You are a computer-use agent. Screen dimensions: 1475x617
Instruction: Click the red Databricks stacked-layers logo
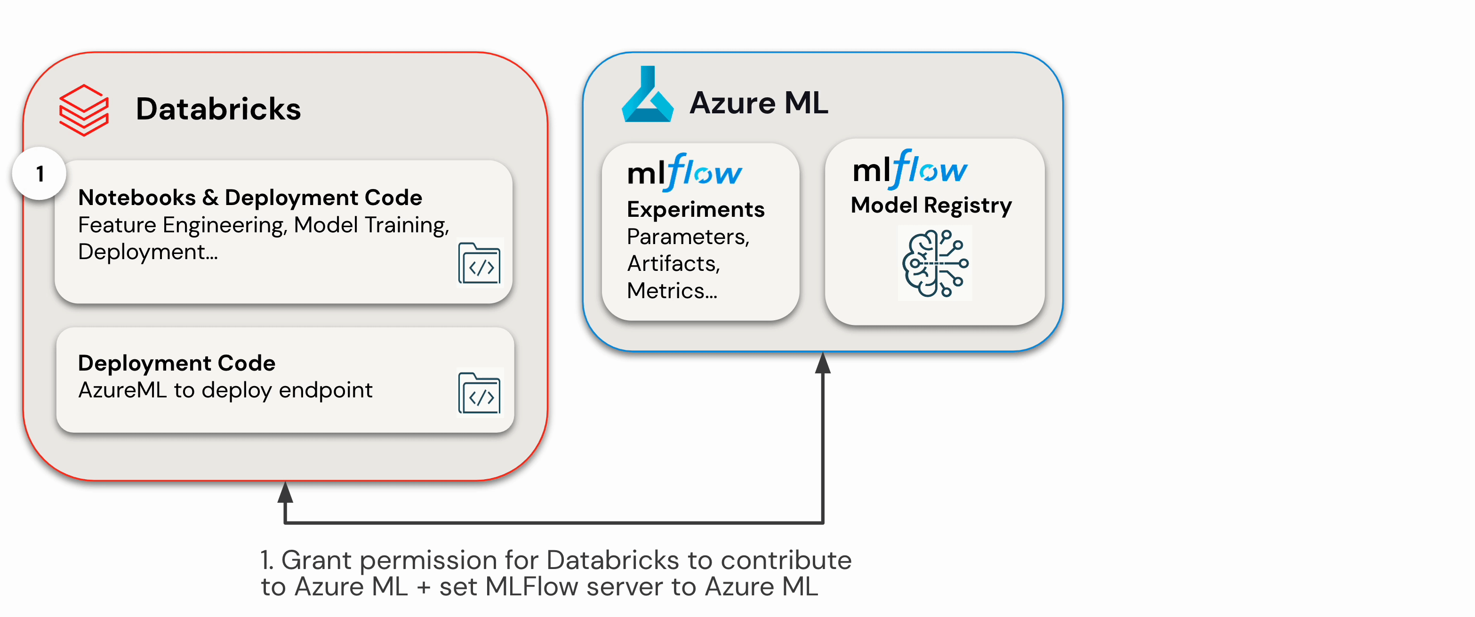click(84, 110)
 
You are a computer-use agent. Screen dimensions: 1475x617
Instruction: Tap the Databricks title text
click(218, 109)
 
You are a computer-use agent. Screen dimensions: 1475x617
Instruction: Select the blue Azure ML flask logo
click(648, 94)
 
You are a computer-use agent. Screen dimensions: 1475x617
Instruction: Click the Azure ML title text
click(759, 103)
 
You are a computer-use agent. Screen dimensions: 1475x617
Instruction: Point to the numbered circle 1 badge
click(39, 174)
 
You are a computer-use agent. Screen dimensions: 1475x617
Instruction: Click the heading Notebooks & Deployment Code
click(250, 198)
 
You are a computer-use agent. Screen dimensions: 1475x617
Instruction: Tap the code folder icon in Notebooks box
click(479, 263)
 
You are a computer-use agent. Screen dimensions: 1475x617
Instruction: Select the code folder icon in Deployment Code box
click(479, 393)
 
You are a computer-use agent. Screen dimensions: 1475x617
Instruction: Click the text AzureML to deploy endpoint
click(225, 390)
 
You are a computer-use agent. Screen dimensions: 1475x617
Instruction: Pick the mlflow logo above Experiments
click(685, 172)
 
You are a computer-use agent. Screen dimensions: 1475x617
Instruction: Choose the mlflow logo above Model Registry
click(910, 169)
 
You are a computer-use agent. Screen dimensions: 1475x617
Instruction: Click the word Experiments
click(696, 209)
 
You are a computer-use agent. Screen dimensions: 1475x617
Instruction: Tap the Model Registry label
click(931, 206)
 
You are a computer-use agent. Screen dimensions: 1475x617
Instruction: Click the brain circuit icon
click(935, 263)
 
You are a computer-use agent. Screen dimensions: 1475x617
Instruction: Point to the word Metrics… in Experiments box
click(672, 291)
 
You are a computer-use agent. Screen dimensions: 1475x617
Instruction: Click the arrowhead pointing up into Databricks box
click(285, 492)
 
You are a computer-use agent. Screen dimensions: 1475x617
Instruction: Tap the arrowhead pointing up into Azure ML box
click(823, 363)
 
